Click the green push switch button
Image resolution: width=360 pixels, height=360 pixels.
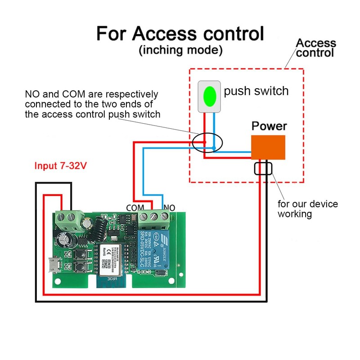click(x=209, y=95)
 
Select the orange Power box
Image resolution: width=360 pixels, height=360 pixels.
click(x=268, y=147)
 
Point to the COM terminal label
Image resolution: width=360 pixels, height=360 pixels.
click(x=135, y=207)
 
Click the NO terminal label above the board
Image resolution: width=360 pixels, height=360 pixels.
click(x=170, y=207)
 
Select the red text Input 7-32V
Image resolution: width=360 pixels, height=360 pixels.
click(x=61, y=166)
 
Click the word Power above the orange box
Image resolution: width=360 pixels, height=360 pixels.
click(x=269, y=126)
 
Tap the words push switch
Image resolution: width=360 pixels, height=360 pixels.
click(x=256, y=91)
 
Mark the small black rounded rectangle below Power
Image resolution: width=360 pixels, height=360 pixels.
click(x=263, y=169)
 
